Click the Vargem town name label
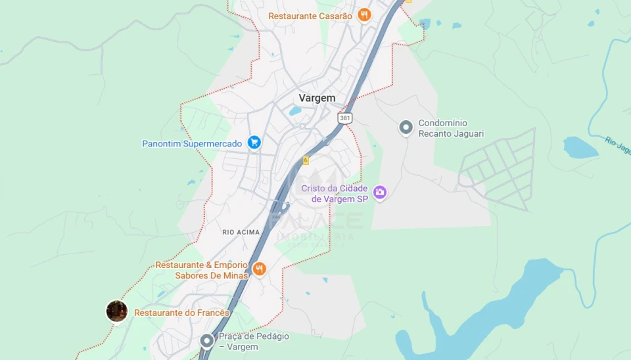(317, 98)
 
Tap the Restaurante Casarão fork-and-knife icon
(364, 15)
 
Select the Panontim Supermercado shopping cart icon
(254, 143)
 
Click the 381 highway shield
(345, 118)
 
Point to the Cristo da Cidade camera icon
(379, 192)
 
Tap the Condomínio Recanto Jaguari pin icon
(406, 127)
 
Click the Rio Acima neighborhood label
(241, 232)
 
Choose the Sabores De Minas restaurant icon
(259, 269)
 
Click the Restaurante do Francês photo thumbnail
(116, 311)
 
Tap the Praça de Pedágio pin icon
(207, 340)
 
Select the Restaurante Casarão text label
(310, 16)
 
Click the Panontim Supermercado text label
(192, 143)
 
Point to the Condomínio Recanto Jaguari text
(451, 128)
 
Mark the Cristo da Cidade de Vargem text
(335, 193)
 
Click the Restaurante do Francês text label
(181, 313)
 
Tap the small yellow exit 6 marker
(306, 160)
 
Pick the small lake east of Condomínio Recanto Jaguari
(580, 148)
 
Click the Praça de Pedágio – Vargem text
(254, 341)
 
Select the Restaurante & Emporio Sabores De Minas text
(201, 270)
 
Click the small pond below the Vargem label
(295, 111)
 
